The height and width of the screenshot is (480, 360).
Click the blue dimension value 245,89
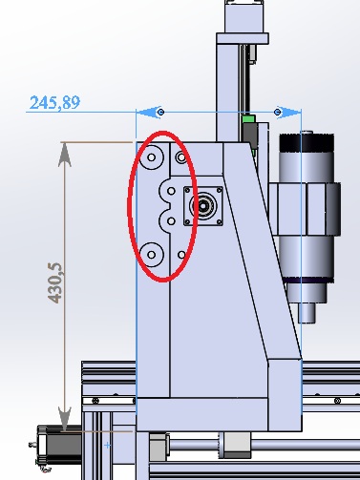pos(54,102)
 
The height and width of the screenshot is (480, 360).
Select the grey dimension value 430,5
pos(54,282)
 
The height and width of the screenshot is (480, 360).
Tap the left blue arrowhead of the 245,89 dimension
pos(149,112)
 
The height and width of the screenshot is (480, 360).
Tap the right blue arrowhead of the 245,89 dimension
pos(288,112)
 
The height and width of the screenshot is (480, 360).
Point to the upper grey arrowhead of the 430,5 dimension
pos(65,155)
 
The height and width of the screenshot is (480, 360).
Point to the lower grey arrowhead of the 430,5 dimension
pos(65,419)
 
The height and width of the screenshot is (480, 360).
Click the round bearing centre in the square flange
pos(202,206)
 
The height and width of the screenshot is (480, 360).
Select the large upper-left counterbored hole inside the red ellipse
pos(152,157)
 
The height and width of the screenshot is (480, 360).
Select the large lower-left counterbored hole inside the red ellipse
pos(152,255)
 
